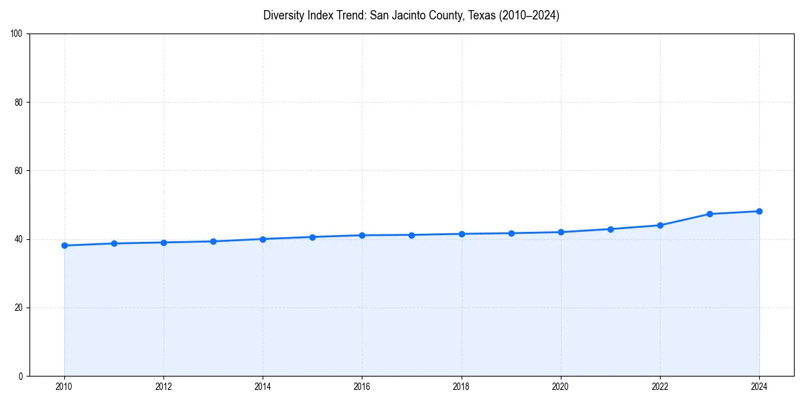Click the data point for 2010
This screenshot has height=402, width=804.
pyautogui.click(x=64, y=245)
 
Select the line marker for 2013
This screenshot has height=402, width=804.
pyautogui.click(x=213, y=241)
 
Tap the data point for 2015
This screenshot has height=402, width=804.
pyautogui.click(x=312, y=237)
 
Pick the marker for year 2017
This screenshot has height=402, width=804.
pyautogui.click(x=411, y=234)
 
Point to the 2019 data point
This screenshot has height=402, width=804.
pyautogui.click(x=511, y=233)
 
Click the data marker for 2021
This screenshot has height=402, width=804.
pyautogui.click(x=610, y=229)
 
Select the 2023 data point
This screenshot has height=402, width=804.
pyautogui.click(x=710, y=214)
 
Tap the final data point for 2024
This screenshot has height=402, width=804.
pyautogui.click(x=759, y=211)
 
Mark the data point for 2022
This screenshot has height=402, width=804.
pyautogui.click(x=660, y=225)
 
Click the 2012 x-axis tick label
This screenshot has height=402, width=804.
pyautogui.click(x=163, y=387)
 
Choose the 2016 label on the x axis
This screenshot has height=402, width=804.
pyautogui.click(x=362, y=387)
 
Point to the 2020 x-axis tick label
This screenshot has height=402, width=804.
pyautogui.click(x=561, y=387)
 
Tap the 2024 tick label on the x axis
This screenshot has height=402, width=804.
pyautogui.click(x=759, y=387)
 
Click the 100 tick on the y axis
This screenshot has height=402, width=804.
pyautogui.click(x=17, y=33)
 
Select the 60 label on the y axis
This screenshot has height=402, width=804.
pyautogui.click(x=19, y=171)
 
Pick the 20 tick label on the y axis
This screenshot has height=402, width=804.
pyautogui.click(x=19, y=308)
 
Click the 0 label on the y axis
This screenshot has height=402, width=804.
pyautogui.click(x=21, y=376)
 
